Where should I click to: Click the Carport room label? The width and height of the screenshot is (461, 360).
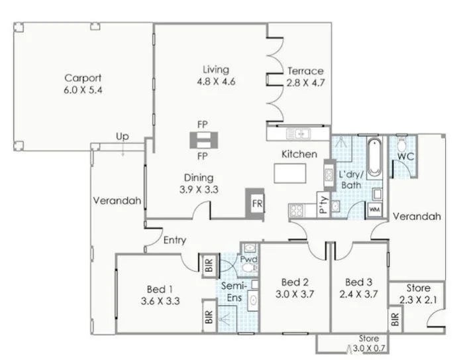(x=83, y=76)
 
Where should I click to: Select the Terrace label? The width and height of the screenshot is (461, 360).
(x=305, y=71)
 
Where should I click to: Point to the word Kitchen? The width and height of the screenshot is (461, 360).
(x=299, y=154)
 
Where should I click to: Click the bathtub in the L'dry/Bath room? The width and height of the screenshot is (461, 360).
(x=372, y=158)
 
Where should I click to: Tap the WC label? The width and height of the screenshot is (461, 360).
(x=405, y=156)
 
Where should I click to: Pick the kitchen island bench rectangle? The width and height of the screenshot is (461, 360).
(x=292, y=174)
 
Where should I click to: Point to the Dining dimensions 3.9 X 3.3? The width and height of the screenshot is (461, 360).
(x=199, y=189)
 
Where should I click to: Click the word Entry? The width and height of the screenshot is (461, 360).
(x=175, y=240)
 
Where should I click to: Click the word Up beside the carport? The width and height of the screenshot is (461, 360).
(x=123, y=137)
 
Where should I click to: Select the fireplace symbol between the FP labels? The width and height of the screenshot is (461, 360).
(x=203, y=140)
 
